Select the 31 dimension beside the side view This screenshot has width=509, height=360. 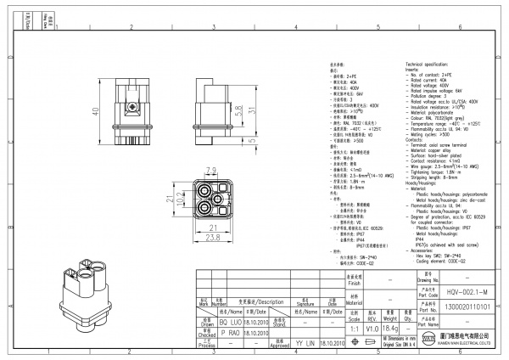(251, 110)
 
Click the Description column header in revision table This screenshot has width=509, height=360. (260, 301)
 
